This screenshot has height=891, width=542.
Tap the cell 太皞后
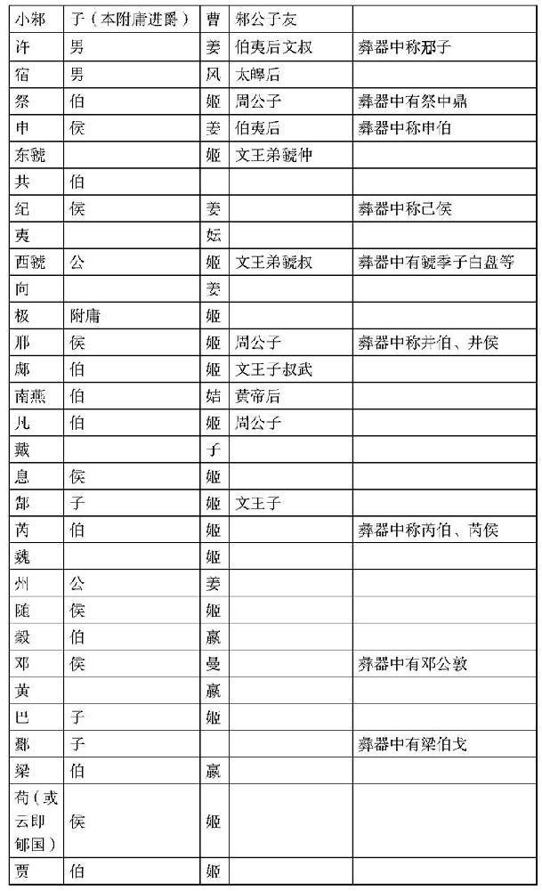[258, 74]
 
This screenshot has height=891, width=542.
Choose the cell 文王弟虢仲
[273, 154]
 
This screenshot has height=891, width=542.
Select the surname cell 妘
[214, 235]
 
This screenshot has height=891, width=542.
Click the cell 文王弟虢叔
[273, 263]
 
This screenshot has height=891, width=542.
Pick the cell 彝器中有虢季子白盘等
[435, 263]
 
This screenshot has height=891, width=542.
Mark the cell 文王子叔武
[273, 369]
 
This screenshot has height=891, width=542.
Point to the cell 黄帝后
[258, 396]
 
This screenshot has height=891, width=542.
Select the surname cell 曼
[214, 663]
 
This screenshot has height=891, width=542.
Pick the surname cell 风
[214, 74]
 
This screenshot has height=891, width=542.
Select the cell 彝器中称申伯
[404, 127]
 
